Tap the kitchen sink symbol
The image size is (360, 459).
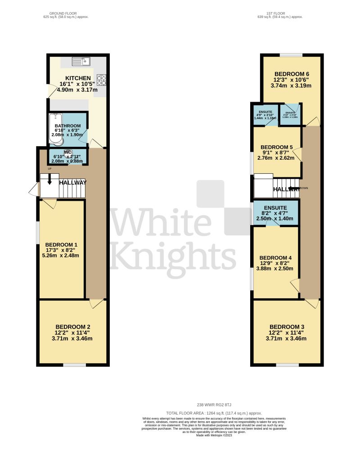(x=81, y=60)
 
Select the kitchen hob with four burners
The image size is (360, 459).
(x=102, y=80)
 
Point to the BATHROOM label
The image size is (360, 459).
(x=67, y=126)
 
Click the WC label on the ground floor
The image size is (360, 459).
(x=68, y=152)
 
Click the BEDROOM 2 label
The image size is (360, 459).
(x=72, y=327)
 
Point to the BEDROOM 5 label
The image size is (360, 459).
(x=277, y=147)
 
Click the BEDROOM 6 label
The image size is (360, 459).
(x=292, y=74)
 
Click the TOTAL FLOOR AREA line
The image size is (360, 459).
(x=214, y=413)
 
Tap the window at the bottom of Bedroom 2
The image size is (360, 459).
(x=72, y=364)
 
